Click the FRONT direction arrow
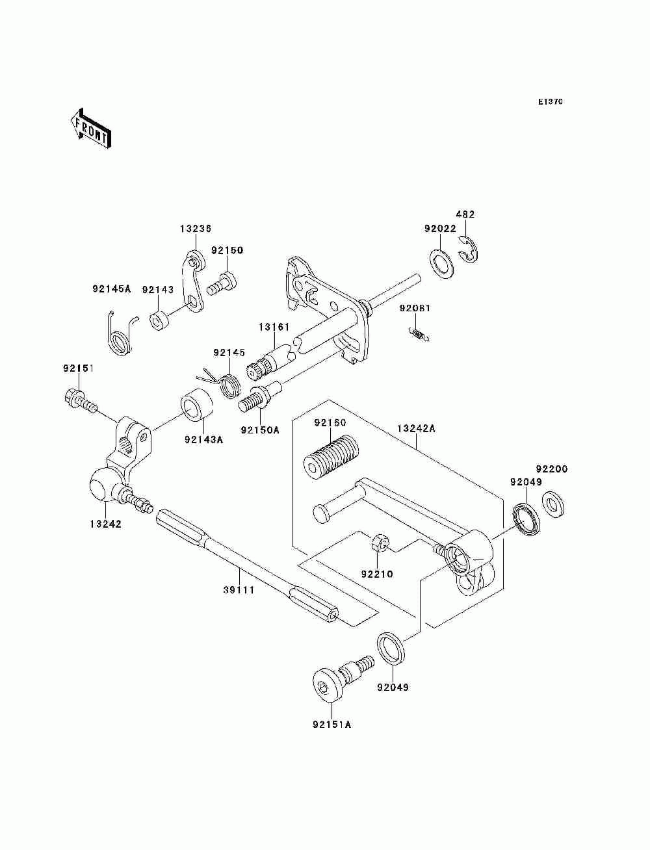pos(90,128)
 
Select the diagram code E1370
pos(550,102)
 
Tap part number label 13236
pos(196,229)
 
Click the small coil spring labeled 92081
pos(419,334)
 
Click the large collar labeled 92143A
pos(197,404)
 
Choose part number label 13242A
pos(416,429)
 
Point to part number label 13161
pos(274,328)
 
